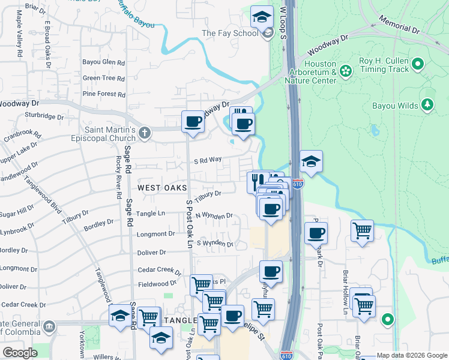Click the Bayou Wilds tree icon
[x=427, y=105]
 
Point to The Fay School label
[x=230, y=33]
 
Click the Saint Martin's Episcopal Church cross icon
[x=144, y=133]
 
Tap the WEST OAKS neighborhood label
[x=159, y=188]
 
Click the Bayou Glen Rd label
[x=104, y=62]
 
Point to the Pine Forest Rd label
[x=104, y=94]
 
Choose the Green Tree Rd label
[x=104, y=78]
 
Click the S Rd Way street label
[x=208, y=160]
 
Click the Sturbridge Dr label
[x=44, y=116]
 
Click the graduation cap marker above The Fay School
[x=262, y=18]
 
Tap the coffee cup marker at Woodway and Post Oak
[x=193, y=122]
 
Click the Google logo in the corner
[x=19, y=353]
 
